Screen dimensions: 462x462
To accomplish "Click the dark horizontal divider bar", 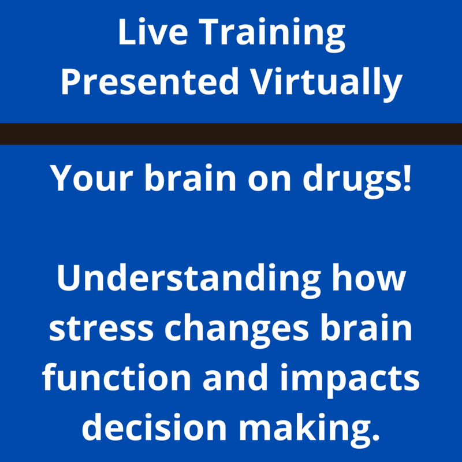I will (231, 134).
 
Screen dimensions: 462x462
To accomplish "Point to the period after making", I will (376, 436).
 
